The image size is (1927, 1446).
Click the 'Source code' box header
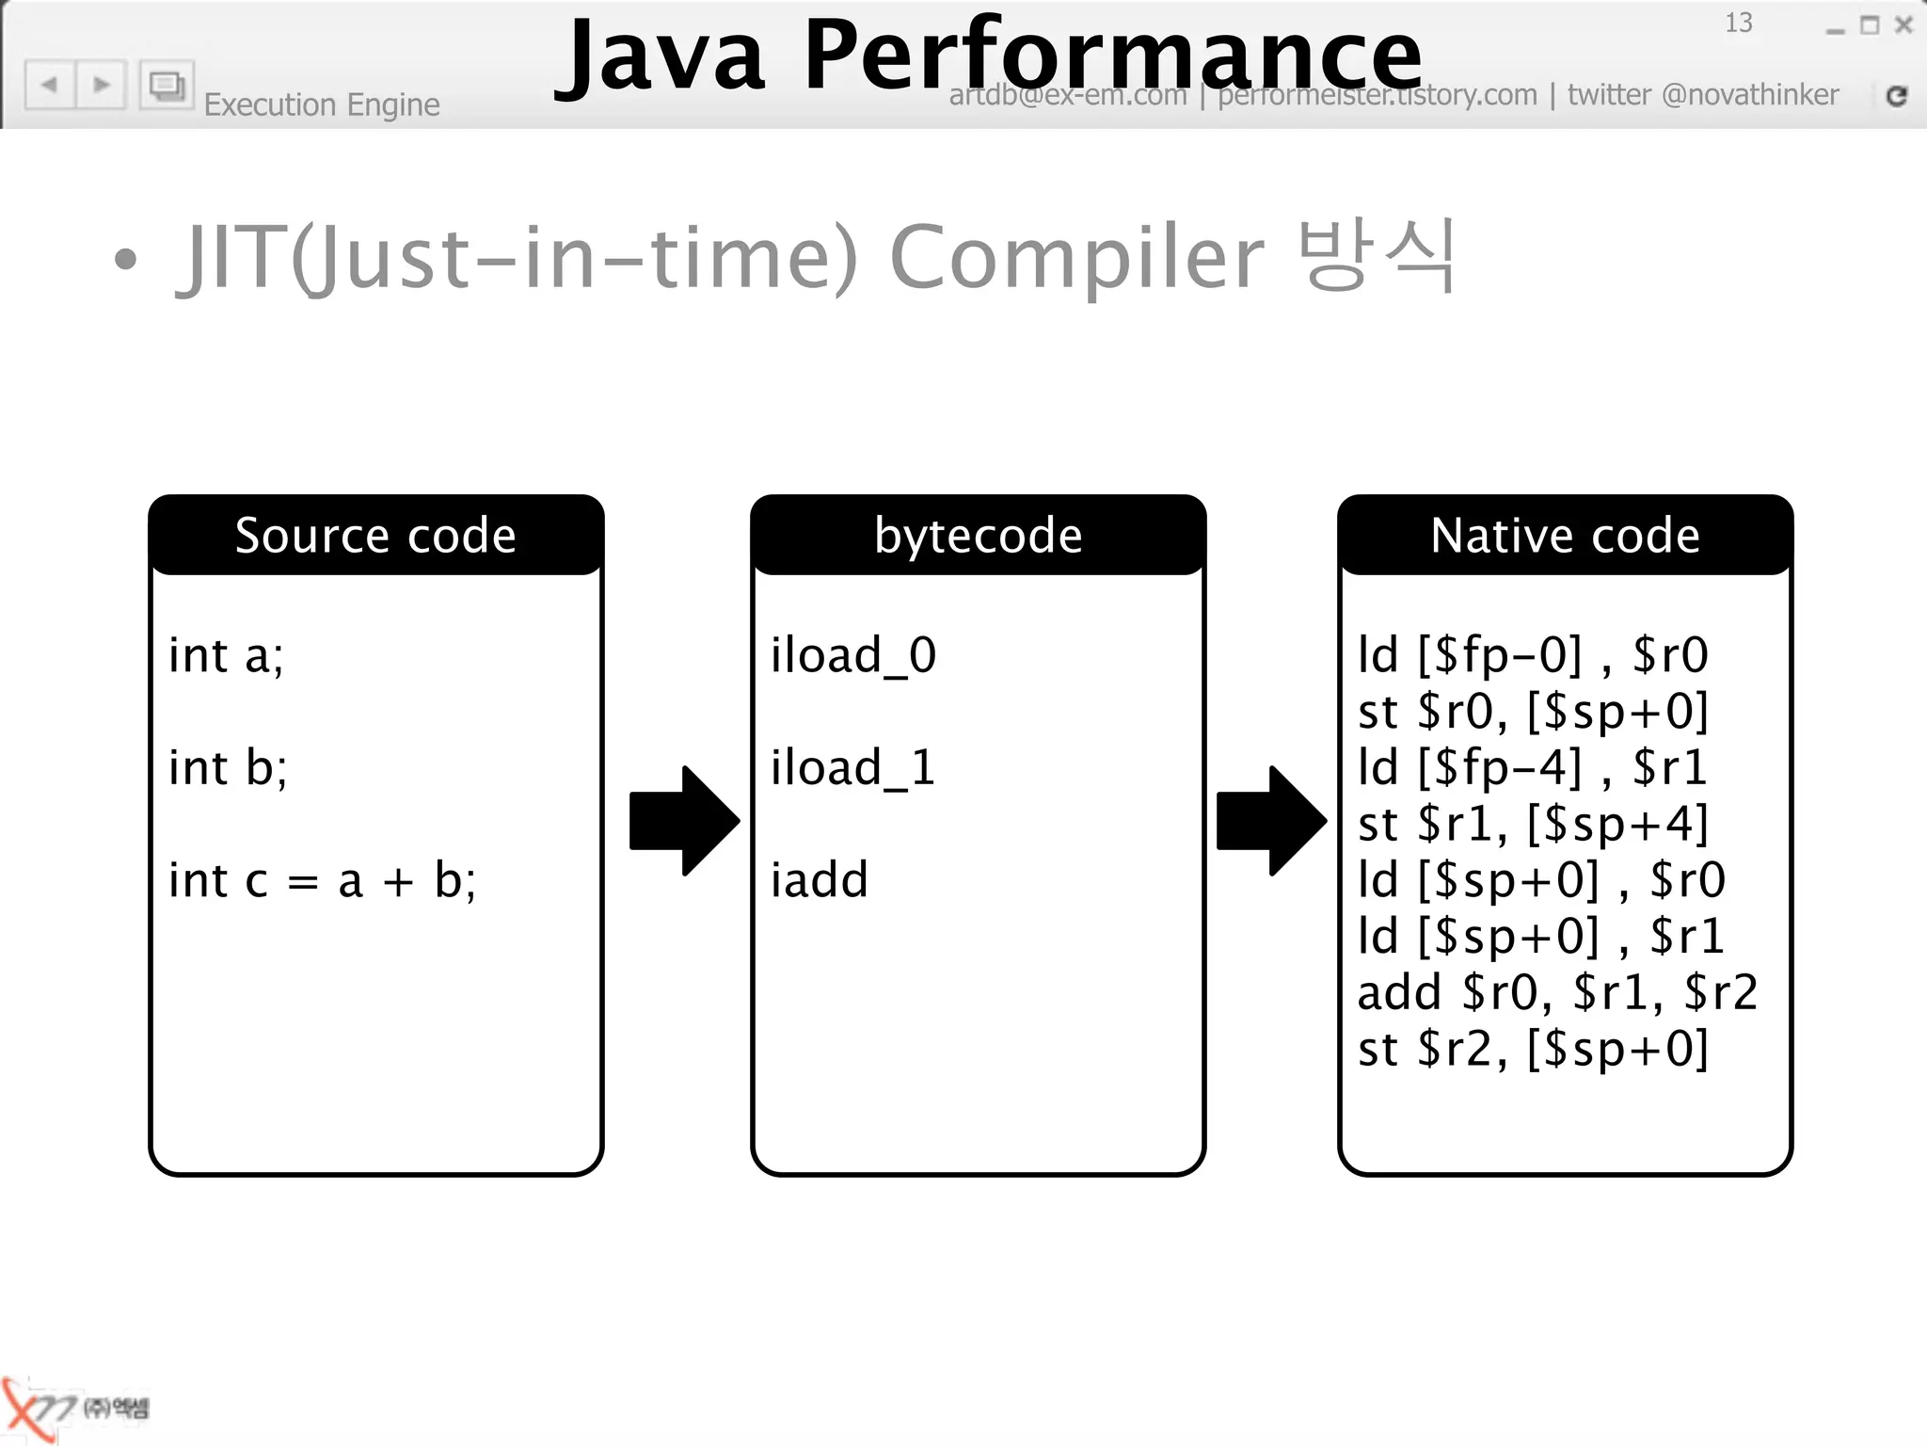point(375,535)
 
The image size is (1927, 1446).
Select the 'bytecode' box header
point(978,535)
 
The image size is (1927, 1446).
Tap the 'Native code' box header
point(1565,535)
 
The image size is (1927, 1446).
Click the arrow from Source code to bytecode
point(684,821)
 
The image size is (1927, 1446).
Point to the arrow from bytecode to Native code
point(1271,821)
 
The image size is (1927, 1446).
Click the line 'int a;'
point(226,655)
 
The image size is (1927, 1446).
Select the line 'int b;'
point(228,767)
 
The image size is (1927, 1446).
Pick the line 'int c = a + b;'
point(322,880)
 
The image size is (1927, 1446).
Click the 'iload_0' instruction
point(853,655)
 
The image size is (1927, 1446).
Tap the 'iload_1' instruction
point(853,767)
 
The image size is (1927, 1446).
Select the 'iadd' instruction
point(819,880)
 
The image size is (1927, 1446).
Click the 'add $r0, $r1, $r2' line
point(1557,992)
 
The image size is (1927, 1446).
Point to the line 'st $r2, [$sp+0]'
point(1533,1049)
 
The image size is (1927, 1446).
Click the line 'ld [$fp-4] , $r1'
point(1533,767)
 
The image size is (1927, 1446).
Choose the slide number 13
point(1738,23)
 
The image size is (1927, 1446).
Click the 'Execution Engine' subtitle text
point(322,104)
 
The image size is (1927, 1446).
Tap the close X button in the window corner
point(1903,25)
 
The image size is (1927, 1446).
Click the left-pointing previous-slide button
point(50,86)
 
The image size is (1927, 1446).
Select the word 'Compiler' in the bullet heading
point(1076,257)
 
